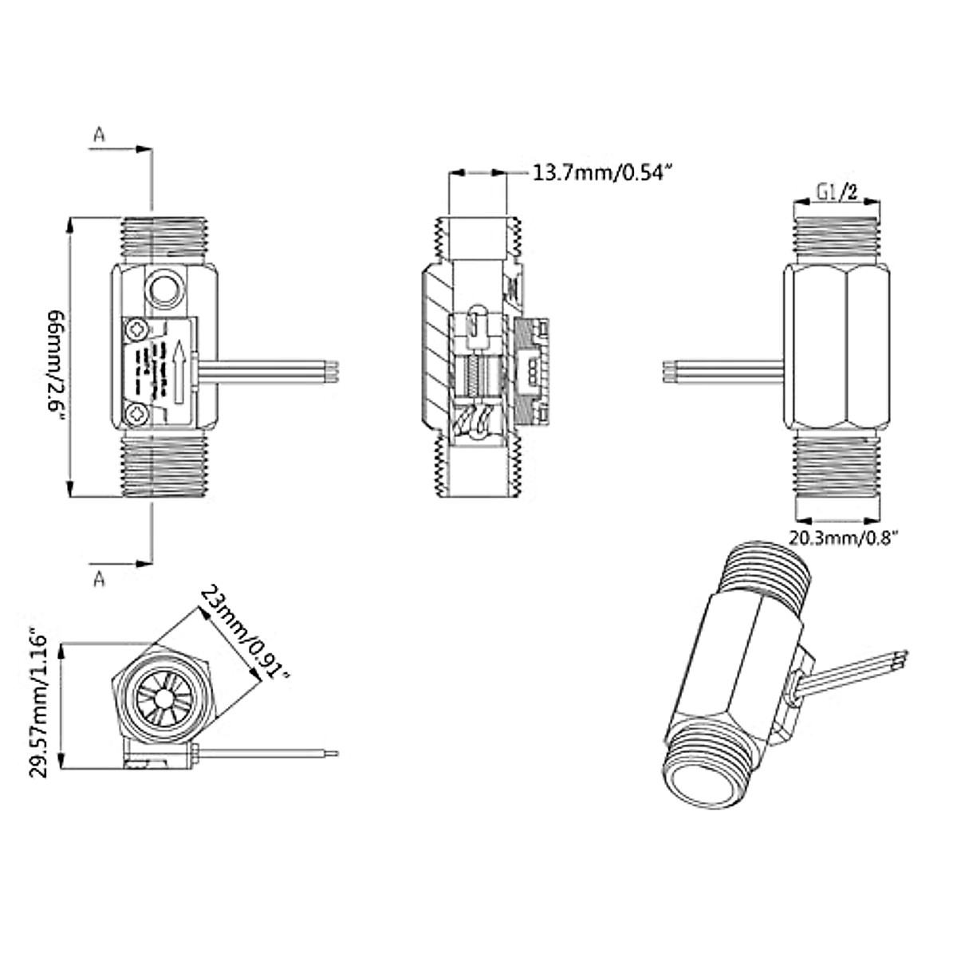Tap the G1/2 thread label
(837, 192)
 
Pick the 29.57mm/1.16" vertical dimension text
(40, 704)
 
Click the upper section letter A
(99, 135)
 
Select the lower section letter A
(99, 578)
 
